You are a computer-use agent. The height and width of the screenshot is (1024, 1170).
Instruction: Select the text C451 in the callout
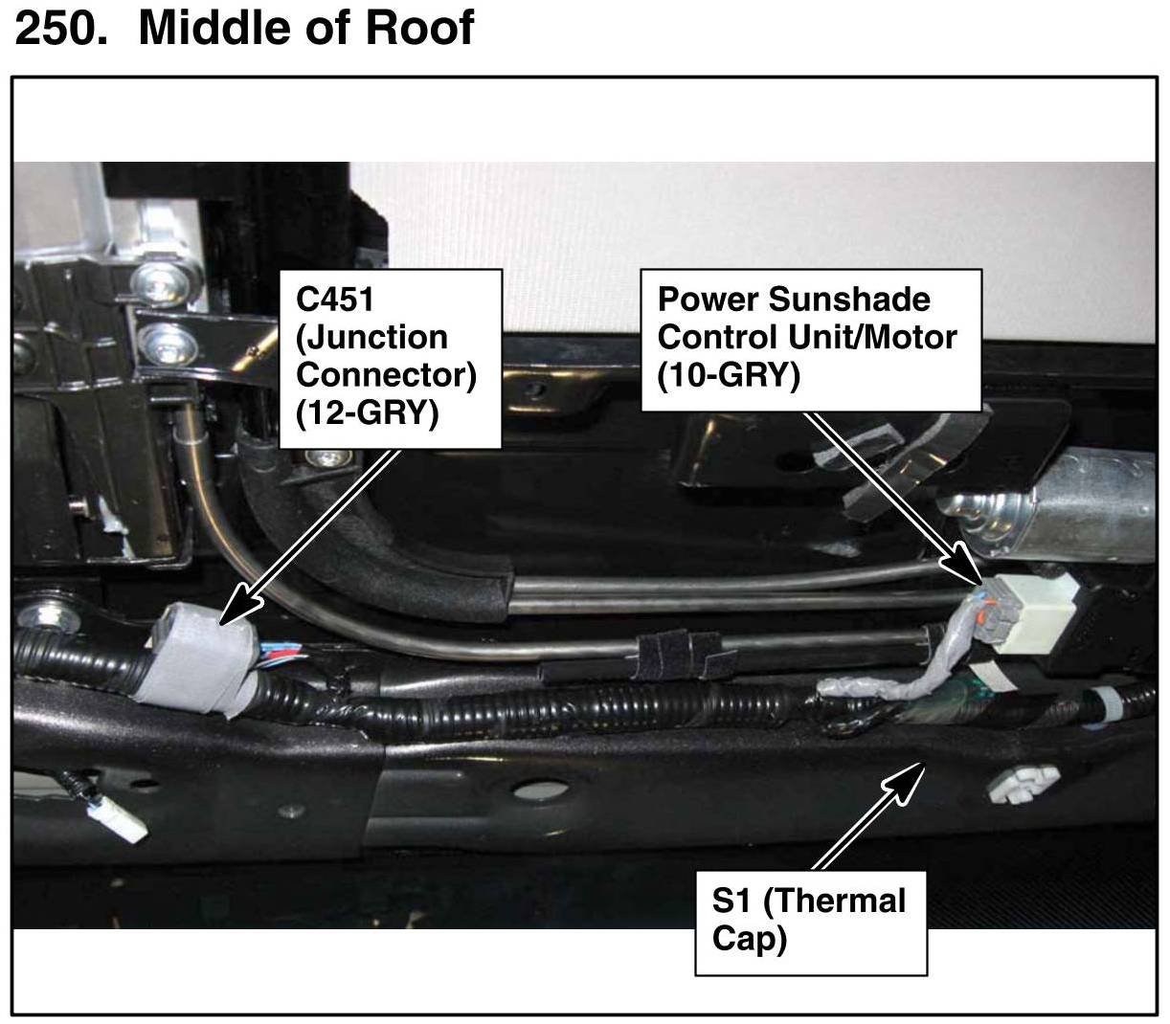(334, 300)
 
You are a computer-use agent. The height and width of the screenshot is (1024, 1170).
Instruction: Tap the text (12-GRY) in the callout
(367, 413)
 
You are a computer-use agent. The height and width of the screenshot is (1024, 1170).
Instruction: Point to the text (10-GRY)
(729, 376)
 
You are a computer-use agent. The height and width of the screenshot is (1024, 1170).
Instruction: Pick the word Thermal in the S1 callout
(834, 902)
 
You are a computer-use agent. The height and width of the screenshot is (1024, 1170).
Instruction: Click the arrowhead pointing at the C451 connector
(240, 608)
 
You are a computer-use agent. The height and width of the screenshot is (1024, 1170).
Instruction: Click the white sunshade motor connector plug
(1029, 612)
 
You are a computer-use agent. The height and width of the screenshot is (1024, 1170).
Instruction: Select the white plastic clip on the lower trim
(1023, 782)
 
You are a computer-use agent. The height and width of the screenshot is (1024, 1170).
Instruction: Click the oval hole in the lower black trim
(540, 790)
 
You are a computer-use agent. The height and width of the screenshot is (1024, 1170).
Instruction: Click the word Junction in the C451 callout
(372, 338)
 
